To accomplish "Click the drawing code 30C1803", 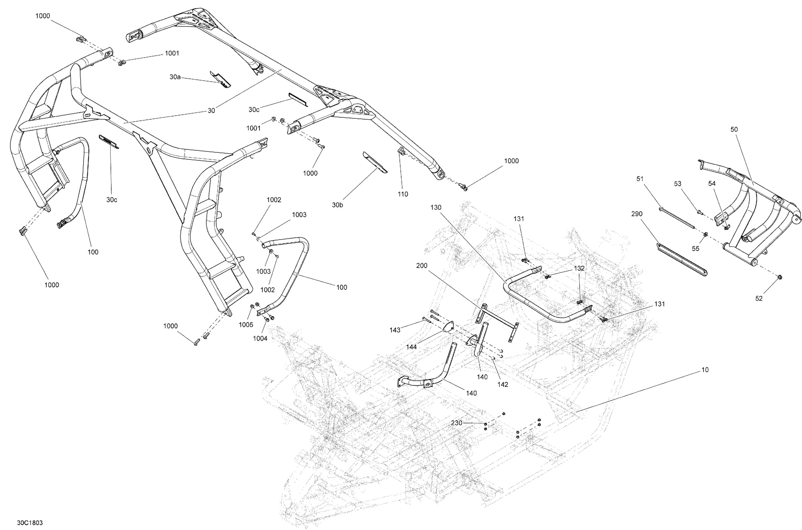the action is tap(30, 523).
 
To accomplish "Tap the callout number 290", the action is tap(637, 214).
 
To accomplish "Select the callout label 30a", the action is tap(175, 77).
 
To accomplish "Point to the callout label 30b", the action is tap(337, 205).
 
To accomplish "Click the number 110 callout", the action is tap(403, 194).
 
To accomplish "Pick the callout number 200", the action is tap(422, 266).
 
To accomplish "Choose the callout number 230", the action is tap(457, 423).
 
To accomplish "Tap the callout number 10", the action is tap(705, 370).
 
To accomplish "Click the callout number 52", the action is tap(759, 298).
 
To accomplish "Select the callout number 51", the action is tap(640, 179).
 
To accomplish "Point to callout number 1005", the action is tap(246, 325).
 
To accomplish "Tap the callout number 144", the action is tap(412, 346).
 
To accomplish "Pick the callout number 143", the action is tap(395, 330).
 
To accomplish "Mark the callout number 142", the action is tap(503, 384).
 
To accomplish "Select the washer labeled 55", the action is tap(705, 234).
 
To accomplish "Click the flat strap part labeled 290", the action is tap(681, 259).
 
